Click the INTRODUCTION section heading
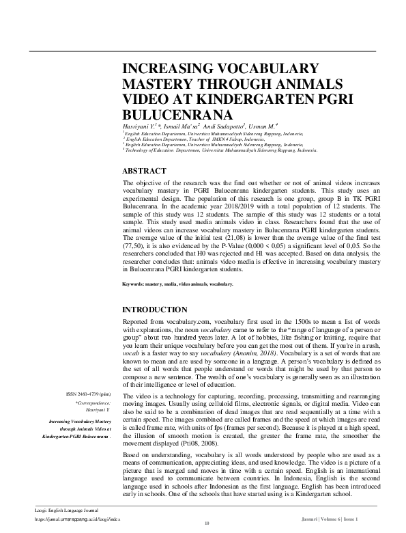(x=156, y=310)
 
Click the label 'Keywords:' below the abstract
(x=136, y=283)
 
